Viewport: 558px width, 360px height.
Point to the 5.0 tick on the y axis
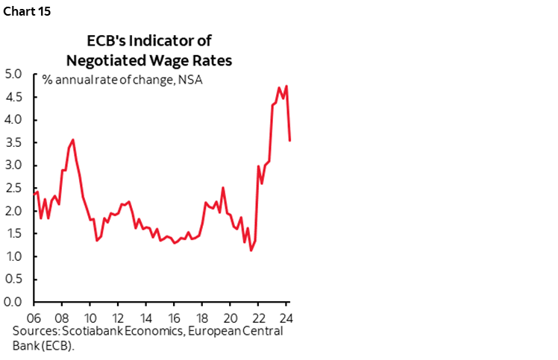15,74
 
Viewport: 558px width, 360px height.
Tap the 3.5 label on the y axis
15,142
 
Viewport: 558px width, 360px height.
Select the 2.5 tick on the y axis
15,188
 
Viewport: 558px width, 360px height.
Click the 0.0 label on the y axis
15,302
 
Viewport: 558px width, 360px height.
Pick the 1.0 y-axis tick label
15,256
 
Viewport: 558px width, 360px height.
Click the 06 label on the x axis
34,315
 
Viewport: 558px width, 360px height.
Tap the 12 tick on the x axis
118,315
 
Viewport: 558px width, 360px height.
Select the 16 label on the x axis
174,315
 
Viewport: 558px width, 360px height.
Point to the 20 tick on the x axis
230,315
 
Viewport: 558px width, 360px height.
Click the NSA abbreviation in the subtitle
192,80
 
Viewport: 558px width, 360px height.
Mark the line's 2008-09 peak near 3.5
72,139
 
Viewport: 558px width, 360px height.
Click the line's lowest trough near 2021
251,250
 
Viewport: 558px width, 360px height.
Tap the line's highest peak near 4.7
286,86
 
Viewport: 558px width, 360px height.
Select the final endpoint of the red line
289,140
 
